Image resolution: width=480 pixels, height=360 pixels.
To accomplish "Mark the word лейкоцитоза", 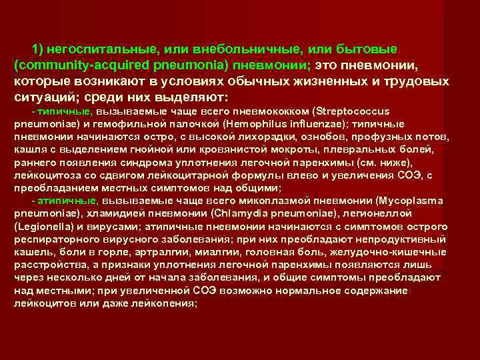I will (41, 176).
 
